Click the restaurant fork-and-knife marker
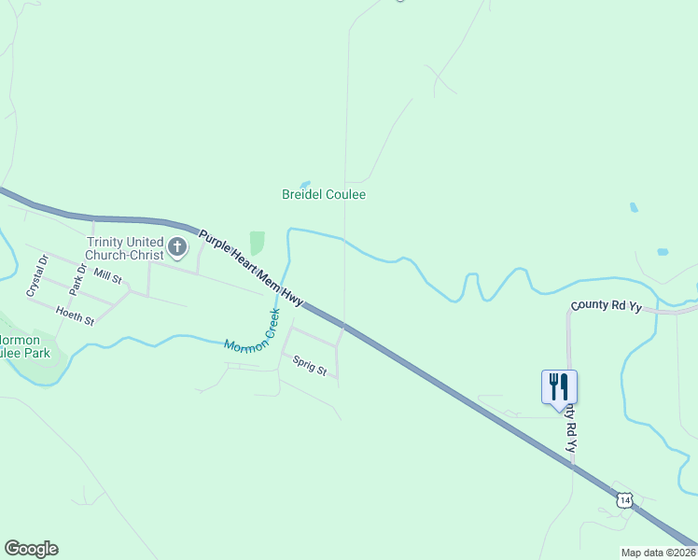[559, 386]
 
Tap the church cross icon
[178, 247]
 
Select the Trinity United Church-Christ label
[124, 247]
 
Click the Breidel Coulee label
[324, 194]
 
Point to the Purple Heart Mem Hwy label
[252, 264]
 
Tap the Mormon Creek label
[253, 331]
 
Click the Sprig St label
[309, 365]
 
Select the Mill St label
[108, 277]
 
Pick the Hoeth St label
[75, 315]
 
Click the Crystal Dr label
[38, 275]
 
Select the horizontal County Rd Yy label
[607, 305]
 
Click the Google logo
[31, 549]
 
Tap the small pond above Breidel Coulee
[304, 184]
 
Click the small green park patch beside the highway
[257, 243]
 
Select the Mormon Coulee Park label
[23, 347]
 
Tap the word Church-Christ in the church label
[124, 254]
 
